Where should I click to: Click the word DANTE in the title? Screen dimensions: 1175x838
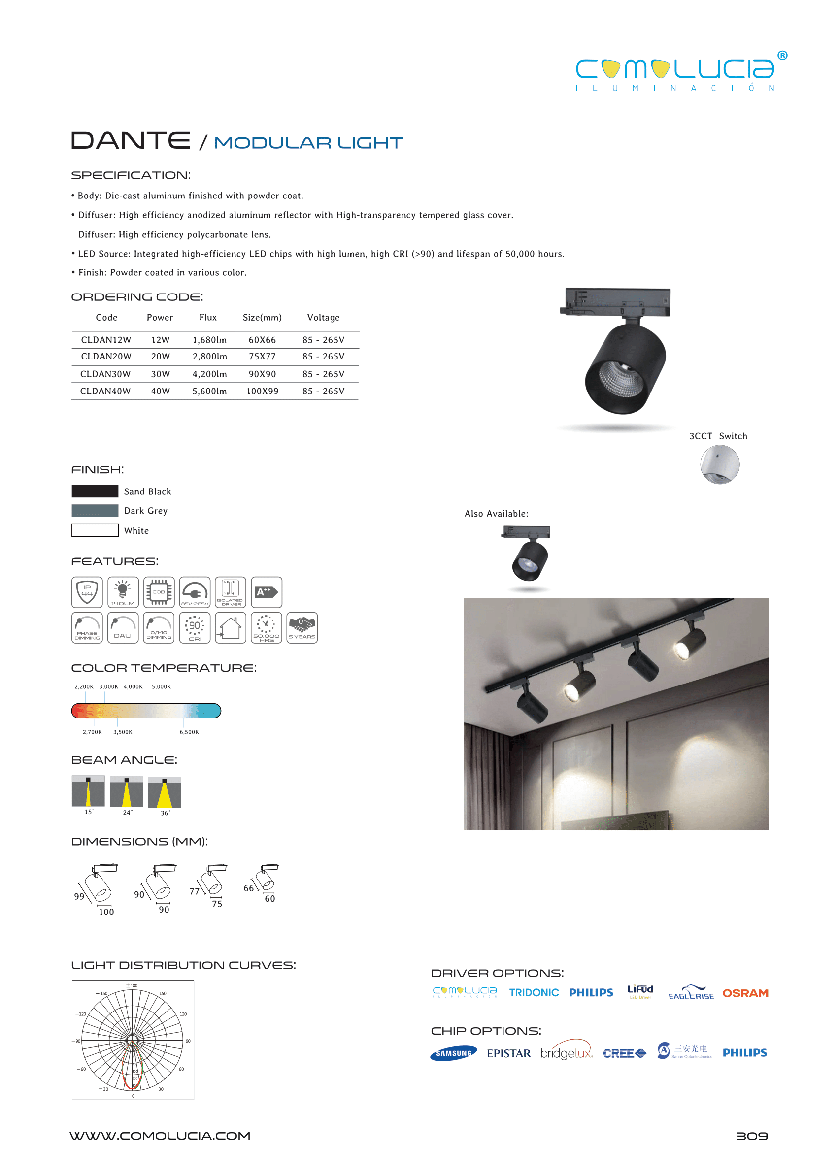(x=131, y=140)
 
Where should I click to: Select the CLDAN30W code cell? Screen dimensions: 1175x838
(x=105, y=374)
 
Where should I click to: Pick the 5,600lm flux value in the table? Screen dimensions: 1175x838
(x=209, y=392)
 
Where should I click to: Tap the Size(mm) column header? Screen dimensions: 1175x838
(x=262, y=317)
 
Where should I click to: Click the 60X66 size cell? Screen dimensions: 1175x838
(x=262, y=340)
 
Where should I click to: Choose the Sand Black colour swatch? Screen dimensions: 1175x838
(x=95, y=491)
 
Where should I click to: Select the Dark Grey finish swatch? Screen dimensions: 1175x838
(x=95, y=511)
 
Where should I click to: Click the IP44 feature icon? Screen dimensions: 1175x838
(x=87, y=592)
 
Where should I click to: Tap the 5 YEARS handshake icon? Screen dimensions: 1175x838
(x=302, y=628)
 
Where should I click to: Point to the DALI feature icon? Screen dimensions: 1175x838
(x=123, y=628)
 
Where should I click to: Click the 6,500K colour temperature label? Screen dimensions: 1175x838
(x=189, y=732)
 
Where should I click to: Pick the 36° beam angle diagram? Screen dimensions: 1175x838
(x=164, y=792)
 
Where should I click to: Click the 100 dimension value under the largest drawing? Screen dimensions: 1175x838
(x=106, y=912)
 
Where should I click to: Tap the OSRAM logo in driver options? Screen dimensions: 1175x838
(x=745, y=993)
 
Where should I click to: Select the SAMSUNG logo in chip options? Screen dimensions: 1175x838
(x=454, y=1053)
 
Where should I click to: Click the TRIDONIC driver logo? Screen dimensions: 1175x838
(x=534, y=992)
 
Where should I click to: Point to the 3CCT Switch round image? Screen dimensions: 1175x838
(x=719, y=464)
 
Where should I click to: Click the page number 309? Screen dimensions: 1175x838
(x=752, y=1136)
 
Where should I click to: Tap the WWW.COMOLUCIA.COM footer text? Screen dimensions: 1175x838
(x=160, y=1136)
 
